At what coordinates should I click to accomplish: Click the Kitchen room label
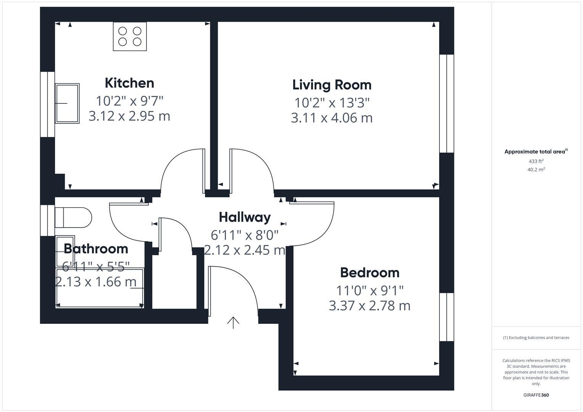[x=129, y=83]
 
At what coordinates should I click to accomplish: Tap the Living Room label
[x=332, y=85]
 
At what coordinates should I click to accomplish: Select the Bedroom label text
[x=370, y=272]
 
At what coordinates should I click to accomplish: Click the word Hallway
[x=245, y=217]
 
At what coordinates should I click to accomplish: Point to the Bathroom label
[x=96, y=249]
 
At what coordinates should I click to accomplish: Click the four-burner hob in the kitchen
[x=130, y=36]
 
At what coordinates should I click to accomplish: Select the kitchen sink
[x=67, y=103]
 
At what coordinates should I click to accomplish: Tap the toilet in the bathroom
[x=73, y=218]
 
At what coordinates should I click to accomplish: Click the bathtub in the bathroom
[x=99, y=288]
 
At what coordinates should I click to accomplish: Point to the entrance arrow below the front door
[x=233, y=322]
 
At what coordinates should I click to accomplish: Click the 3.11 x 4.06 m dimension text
[x=332, y=118]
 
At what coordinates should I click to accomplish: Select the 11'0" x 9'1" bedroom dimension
[x=370, y=291]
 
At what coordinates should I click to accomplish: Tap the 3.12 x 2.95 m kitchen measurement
[x=129, y=116]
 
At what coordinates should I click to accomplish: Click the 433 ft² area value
[x=536, y=161]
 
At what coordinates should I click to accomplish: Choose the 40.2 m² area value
[x=536, y=170]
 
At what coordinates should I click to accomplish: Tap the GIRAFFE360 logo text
[x=536, y=395]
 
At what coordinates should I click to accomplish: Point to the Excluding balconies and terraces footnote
[x=536, y=338]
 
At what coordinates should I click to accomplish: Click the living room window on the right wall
[x=446, y=104]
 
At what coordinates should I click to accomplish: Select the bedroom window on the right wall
[x=446, y=317]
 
